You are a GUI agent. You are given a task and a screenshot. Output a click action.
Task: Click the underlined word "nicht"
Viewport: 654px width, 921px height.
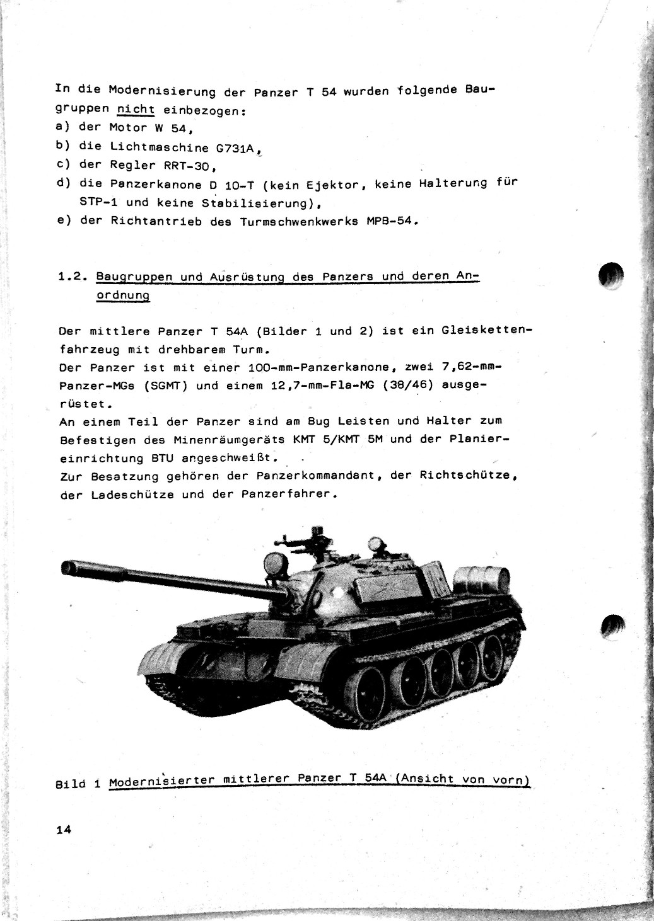136,109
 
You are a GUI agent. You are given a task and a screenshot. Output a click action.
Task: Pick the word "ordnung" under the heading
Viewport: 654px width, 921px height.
123,295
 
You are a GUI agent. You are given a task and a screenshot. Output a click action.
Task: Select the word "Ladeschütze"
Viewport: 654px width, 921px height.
132,495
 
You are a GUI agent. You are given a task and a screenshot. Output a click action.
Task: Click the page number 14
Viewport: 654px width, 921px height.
63,830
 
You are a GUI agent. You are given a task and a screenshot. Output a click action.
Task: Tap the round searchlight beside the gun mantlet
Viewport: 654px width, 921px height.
274,561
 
